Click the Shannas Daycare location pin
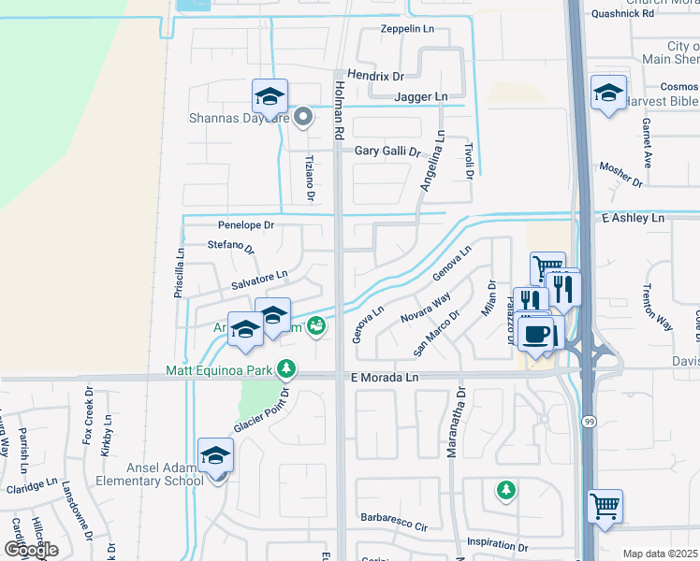point(302,118)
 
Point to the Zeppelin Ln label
point(407,29)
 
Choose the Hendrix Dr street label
point(375,75)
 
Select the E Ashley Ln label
point(632,217)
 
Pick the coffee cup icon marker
point(536,334)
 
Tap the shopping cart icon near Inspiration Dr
point(605,507)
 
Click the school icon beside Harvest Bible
point(608,93)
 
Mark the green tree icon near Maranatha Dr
point(505,489)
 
